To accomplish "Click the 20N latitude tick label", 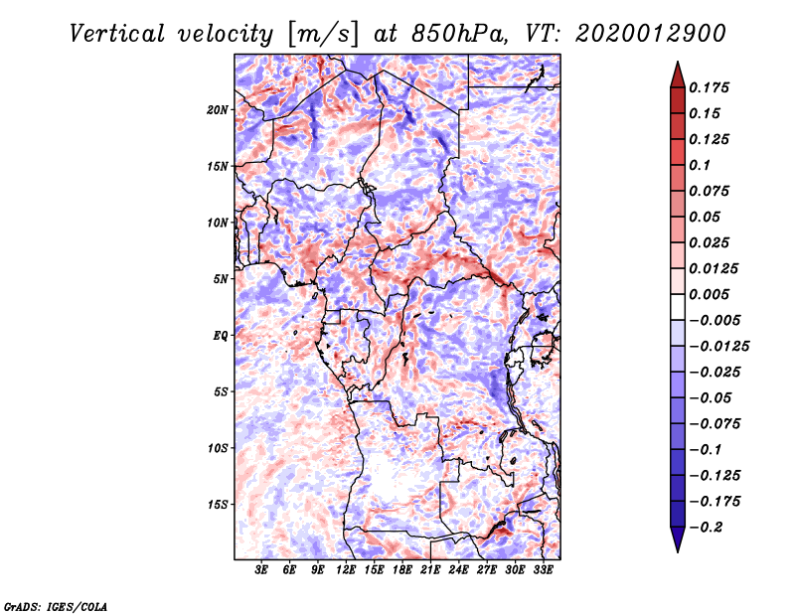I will (x=218, y=109).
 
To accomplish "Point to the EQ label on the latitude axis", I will (x=222, y=336).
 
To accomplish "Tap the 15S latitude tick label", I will (x=218, y=505).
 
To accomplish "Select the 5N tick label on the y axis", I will (x=221, y=279).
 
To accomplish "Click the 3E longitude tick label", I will (x=261, y=570).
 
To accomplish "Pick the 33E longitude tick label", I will (x=543, y=570).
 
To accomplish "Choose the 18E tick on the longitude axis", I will (x=402, y=570).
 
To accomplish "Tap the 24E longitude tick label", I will (x=459, y=570).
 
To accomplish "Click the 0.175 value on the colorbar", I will (x=711, y=87).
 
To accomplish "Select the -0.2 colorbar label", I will (x=710, y=527).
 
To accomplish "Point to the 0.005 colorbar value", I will (x=711, y=294).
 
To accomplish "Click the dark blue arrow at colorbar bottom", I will (x=677, y=541).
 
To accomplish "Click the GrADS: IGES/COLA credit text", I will (x=55, y=605).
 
